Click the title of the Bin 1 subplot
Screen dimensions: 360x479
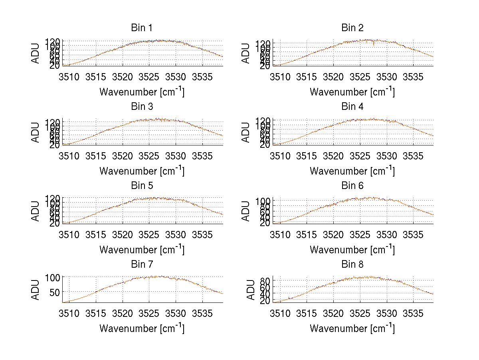pyautogui.click(x=141, y=28)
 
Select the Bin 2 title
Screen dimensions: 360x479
pyautogui.click(x=352, y=28)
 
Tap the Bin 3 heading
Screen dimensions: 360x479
pyautogui.click(x=141, y=107)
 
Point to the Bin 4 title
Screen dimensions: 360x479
pyautogui.click(x=352, y=107)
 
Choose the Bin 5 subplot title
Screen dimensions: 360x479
pyautogui.click(x=141, y=186)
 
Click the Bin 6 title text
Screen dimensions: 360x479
pyautogui.click(x=352, y=186)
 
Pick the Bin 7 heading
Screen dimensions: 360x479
pyautogui.click(x=141, y=265)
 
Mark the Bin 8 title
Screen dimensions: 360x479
pyautogui.click(x=352, y=265)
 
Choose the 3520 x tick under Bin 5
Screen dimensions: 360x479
pyautogui.click(x=123, y=234)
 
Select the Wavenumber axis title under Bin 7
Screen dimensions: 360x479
pyautogui.click(x=141, y=328)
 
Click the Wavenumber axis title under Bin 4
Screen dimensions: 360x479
pyautogui.click(x=352, y=170)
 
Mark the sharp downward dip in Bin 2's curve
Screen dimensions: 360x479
pyautogui.click(x=374, y=44)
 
